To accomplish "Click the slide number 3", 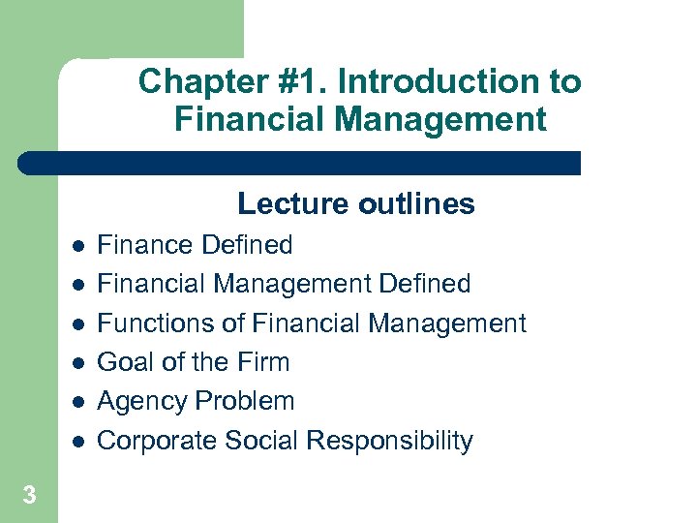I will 29,496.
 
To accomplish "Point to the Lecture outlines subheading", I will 355,203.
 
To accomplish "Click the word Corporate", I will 158,441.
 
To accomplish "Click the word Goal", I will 127,362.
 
